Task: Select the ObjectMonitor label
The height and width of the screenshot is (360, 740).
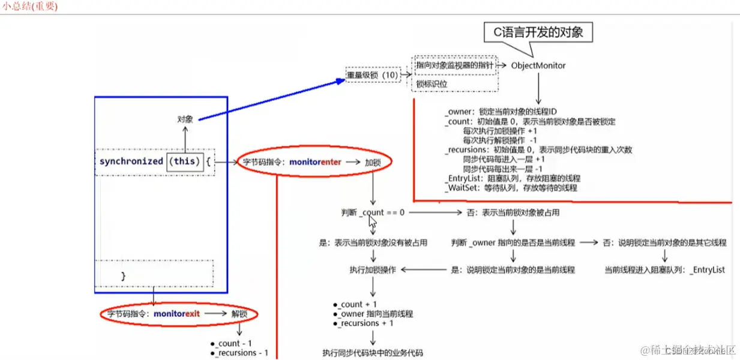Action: click(x=538, y=65)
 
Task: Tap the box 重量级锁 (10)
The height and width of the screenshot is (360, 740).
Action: click(x=373, y=75)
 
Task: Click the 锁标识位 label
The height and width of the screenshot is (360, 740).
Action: click(x=432, y=84)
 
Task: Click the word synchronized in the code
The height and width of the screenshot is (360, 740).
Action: click(x=131, y=161)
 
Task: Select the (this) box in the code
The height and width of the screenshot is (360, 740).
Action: click(x=184, y=161)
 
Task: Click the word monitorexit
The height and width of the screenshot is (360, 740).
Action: click(x=177, y=314)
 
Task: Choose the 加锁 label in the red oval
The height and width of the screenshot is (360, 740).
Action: click(x=372, y=162)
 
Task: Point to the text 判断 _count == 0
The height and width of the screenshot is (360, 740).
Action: click(x=372, y=212)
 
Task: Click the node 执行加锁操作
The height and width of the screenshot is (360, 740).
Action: click(x=372, y=270)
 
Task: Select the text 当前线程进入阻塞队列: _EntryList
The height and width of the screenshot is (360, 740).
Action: click(x=664, y=270)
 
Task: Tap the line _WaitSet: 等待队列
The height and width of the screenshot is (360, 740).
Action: click(x=511, y=188)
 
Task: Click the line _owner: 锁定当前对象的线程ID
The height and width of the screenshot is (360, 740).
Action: click(x=501, y=111)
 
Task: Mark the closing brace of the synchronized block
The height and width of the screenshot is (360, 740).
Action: click(x=124, y=276)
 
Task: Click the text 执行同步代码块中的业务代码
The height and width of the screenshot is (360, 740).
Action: click(x=372, y=353)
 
